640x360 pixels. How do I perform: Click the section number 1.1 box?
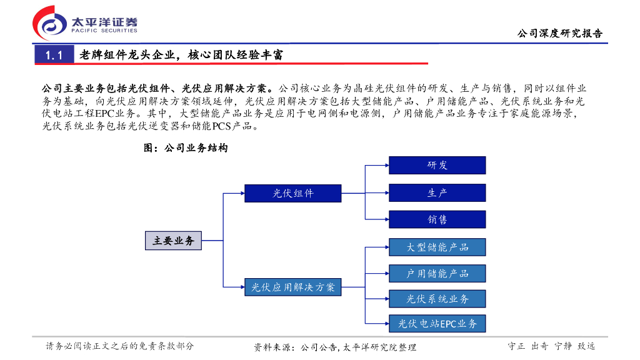point(54,55)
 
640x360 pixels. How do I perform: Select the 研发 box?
point(437,165)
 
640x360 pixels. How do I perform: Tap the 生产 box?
point(437,192)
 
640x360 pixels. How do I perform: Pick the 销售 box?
point(437,219)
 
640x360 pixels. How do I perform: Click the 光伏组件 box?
point(292,193)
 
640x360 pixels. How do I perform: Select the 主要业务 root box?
point(174,241)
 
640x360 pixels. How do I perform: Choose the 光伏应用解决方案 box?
point(292,287)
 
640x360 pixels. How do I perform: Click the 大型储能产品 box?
point(437,247)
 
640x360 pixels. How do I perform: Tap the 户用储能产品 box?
point(437,273)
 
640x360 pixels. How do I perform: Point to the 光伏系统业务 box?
point(437,299)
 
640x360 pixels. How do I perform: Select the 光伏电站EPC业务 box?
point(437,324)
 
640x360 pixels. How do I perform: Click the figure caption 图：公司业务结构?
point(186,148)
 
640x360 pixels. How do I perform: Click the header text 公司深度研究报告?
point(559,34)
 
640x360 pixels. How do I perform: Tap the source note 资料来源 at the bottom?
point(334,347)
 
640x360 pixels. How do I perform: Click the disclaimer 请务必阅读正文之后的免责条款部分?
point(120,346)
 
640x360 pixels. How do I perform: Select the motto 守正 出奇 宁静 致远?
point(551,346)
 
